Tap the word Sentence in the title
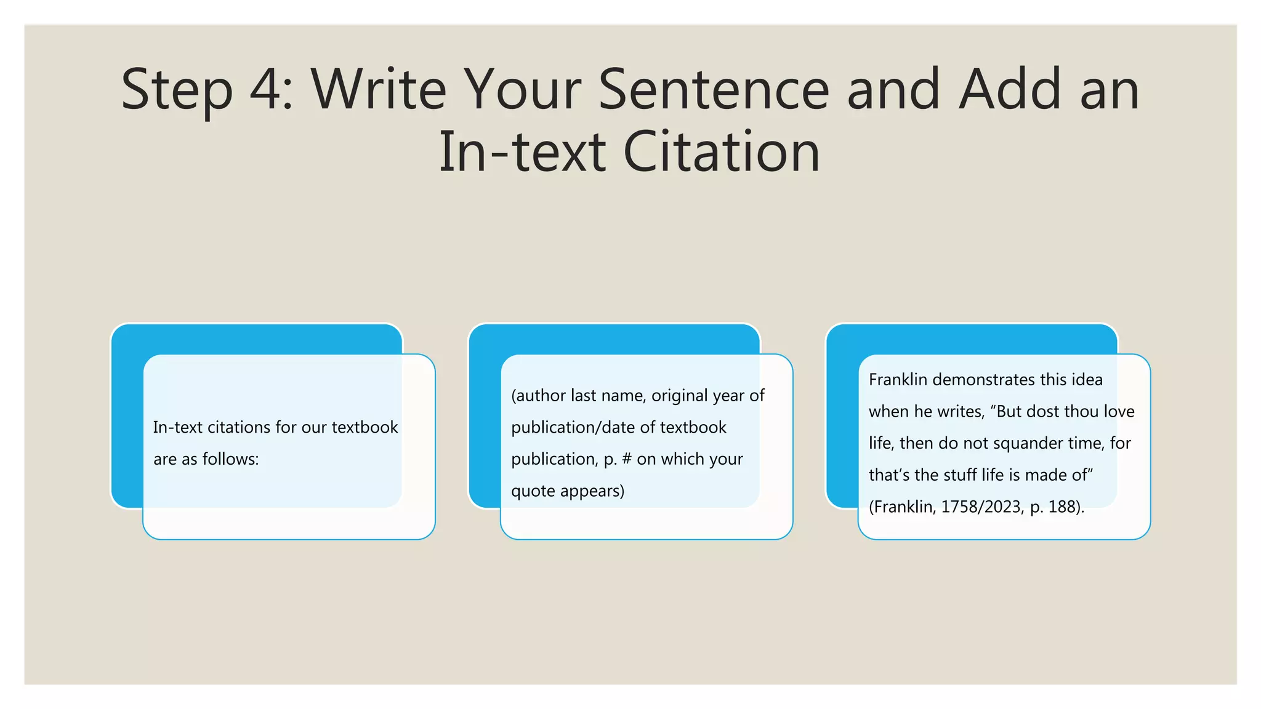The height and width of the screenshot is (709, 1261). (x=714, y=90)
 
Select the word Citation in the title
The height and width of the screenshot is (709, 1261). (x=722, y=152)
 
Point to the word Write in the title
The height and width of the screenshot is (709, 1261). (x=379, y=90)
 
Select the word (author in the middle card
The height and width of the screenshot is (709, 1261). (x=538, y=396)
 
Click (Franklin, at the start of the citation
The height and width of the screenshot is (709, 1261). (x=902, y=507)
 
